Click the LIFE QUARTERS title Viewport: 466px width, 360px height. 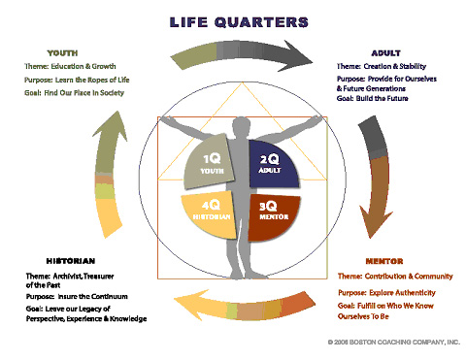click(239, 22)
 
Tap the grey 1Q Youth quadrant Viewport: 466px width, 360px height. click(209, 162)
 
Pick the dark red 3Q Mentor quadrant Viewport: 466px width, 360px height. click(273, 216)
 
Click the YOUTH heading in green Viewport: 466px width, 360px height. click(62, 53)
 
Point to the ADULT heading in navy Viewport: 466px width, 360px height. click(386, 53)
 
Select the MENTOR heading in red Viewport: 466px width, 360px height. click(384, 261)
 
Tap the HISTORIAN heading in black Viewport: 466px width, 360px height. click(71, 261)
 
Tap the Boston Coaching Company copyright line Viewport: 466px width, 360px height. click(394, 342)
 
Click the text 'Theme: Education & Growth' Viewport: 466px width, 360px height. click(70, 66)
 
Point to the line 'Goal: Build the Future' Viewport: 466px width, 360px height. click(372, 98)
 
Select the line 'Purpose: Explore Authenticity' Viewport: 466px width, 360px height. click(386, 293)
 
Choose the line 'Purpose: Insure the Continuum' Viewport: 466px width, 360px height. click(77, 296)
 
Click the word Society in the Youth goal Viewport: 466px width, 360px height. click(112, 93)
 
